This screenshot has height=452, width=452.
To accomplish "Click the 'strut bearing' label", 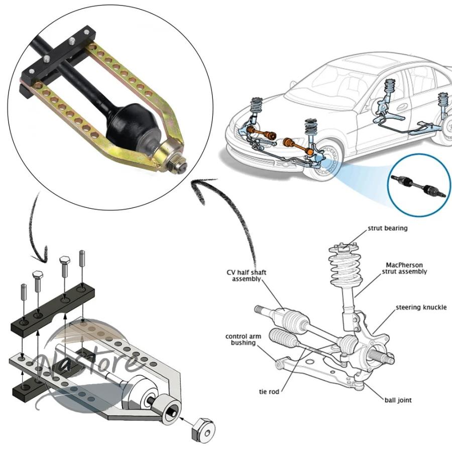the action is [x=387, y=229].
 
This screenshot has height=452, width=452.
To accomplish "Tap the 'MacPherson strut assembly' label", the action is [x=404, y=268].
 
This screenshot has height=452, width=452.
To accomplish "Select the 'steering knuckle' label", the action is [x=421, y=307].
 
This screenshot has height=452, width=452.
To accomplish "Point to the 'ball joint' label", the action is [x=398, y=400].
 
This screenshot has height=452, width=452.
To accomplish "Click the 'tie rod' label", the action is [x=269, y=391].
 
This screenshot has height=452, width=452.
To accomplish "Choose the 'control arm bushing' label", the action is [x=243, y=340].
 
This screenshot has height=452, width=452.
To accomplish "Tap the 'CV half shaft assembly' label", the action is [x=247, y=276].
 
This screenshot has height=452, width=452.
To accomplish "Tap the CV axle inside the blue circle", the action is [x=418, y=186].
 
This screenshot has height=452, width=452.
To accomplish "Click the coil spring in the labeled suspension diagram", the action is [x=345, y=268].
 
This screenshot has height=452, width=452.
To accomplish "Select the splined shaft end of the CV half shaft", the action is [x=261, y=310].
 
